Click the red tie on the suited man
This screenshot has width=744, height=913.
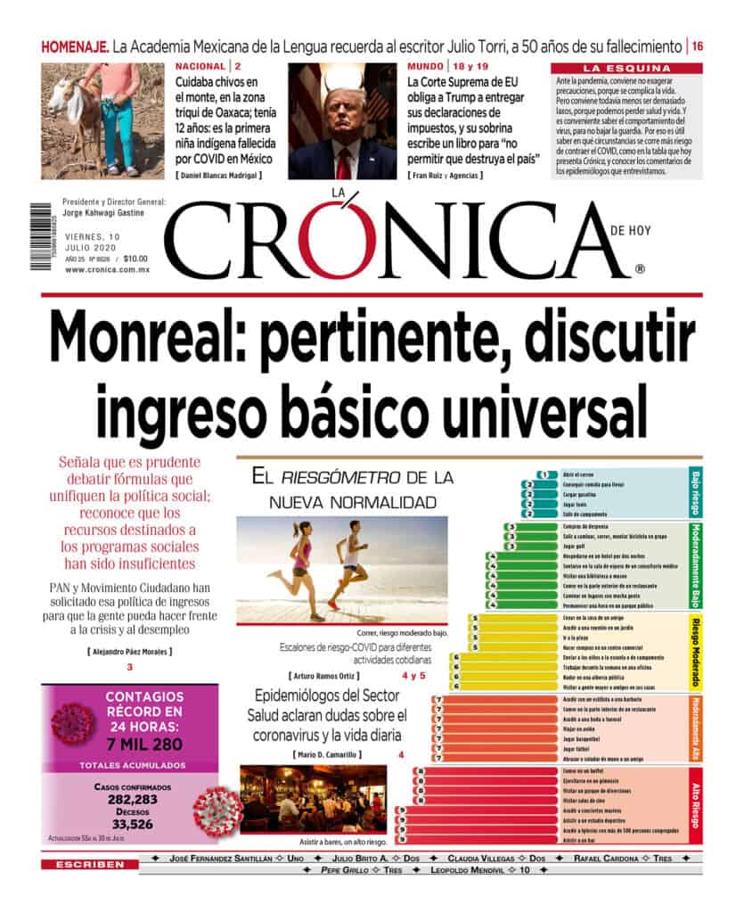pyautogui.click(x=344, y=161)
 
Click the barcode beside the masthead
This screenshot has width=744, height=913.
pyautogui.click(x=41, y=236)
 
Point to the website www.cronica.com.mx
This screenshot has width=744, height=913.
pyautogui.click(x=105, y=269)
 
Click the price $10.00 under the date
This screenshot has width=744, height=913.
pyautogui.click(x=135, y=259)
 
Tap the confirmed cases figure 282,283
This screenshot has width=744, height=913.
pyautogui.click(x=125, y=800)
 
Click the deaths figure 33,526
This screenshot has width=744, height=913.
pyautogui.click(x=125, y=824)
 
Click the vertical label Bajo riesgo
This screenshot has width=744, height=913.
pyautogui.click(x=696, y=492)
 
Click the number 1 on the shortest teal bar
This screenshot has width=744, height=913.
pyautogui.click(x=542, y=474)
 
